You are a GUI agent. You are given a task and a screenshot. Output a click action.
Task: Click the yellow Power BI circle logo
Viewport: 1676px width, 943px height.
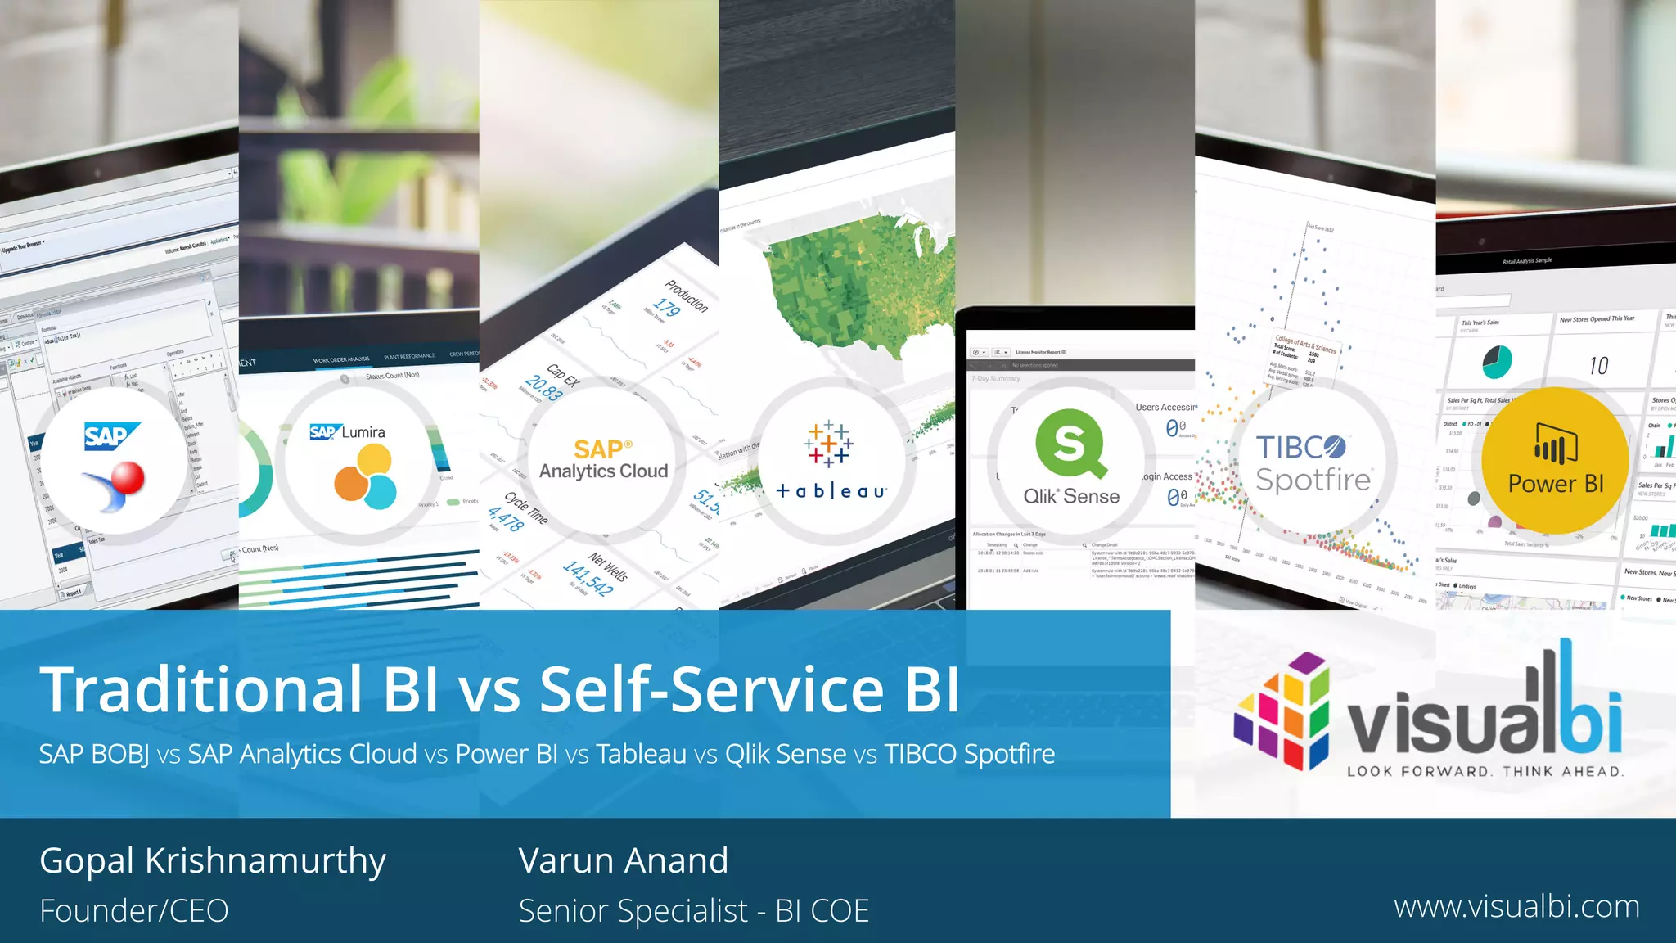click(1555, 461)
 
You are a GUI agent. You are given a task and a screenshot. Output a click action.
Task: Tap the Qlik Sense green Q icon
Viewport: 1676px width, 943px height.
click(1070, 443)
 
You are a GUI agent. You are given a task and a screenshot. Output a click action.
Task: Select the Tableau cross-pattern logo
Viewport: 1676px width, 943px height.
click(828, 444)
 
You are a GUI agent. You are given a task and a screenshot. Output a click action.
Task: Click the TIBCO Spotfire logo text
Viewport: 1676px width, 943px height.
click(1313, 463)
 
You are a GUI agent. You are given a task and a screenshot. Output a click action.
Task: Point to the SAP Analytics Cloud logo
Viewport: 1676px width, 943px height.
click(603, 460)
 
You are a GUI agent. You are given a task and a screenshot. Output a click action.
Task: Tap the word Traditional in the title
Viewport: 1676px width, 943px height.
click(201, 689)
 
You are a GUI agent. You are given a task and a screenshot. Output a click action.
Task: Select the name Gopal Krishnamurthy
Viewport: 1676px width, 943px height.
click(213, 860)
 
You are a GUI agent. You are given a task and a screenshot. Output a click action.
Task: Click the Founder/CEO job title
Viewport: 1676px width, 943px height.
click(134, 910)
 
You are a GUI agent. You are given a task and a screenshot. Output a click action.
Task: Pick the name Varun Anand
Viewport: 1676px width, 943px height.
click(623, 860)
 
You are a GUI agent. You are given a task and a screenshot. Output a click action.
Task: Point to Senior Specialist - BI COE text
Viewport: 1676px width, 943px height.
click(693, 910)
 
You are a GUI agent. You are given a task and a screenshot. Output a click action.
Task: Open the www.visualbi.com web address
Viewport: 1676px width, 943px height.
click(1516, 907)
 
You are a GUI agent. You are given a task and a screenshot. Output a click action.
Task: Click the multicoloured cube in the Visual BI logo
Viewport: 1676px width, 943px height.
click(1282, 710)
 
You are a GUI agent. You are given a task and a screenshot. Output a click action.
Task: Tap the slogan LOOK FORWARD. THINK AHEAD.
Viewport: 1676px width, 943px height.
click(1485, 771)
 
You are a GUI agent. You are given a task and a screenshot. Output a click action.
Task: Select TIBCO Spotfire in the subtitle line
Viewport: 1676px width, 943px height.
click(970, 754)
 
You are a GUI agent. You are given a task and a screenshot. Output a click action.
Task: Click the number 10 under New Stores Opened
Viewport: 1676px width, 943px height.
click(1598, 365)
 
